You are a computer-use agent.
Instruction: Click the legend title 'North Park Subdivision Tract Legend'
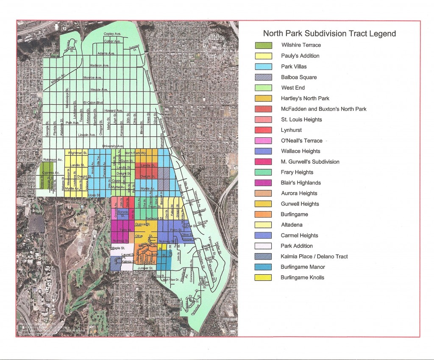click(x=329, y=33)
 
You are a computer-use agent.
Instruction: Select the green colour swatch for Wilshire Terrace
click(x=263, y=45)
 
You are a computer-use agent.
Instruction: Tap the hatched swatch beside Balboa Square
click(x=263, y=77)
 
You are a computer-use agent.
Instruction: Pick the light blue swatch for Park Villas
click(x=263, y=67)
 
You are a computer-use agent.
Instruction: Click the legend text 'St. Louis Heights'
click(x=301, y=120)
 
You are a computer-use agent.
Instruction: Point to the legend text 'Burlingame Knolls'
click(x=302, y=278)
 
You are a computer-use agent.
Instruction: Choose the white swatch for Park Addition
click(x=263, y=246)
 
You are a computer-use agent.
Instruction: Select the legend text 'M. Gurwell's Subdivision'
click(x=310, y=162)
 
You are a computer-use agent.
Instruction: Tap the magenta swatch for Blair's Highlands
click(x=263, y=183)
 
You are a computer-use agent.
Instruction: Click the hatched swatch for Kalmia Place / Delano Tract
click(x=263, y=257)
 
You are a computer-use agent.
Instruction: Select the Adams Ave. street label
click(x=106, y=53)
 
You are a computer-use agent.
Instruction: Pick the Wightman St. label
click(x=79, y=152)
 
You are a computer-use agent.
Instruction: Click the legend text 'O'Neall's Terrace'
click(x=301, y=141)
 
